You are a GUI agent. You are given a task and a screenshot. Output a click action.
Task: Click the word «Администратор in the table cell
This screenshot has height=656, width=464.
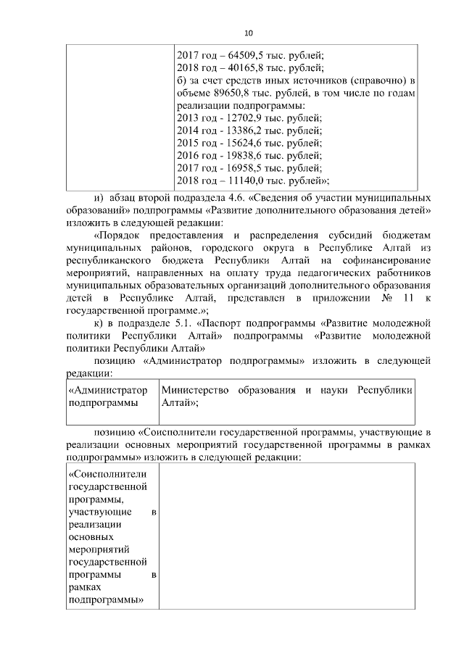point(107,390)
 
